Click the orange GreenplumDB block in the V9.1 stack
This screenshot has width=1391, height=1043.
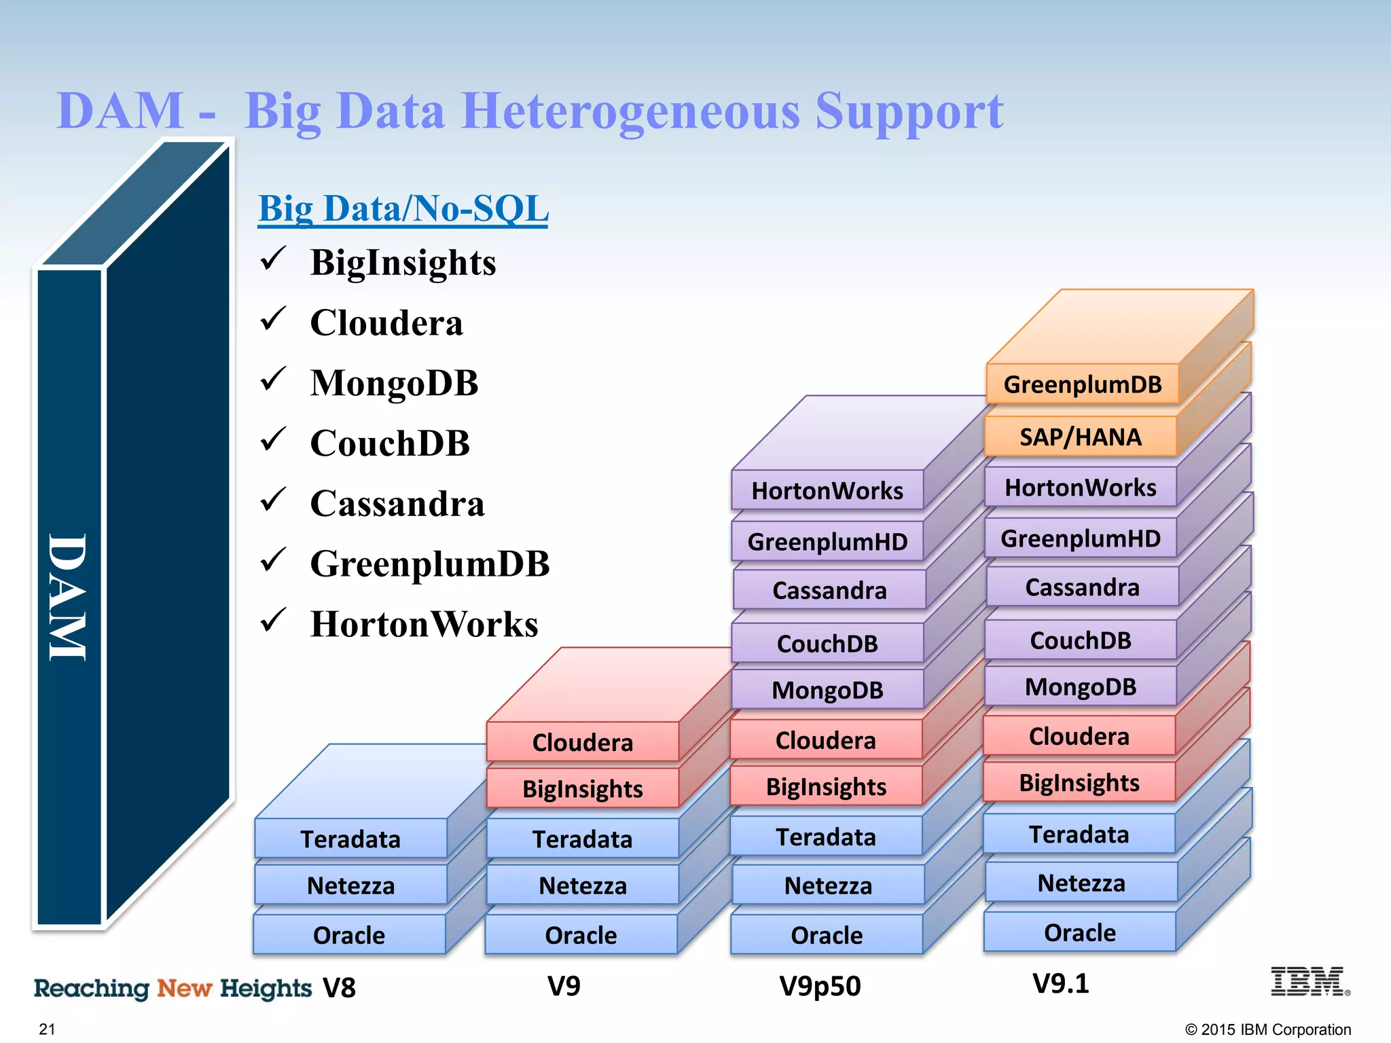(1083, 384)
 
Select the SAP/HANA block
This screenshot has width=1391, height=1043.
(1081, 437)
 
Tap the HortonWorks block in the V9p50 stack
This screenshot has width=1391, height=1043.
(827, 490)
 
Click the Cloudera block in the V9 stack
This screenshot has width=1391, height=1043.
(582, 742)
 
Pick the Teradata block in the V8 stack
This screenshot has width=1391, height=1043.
(350, 839)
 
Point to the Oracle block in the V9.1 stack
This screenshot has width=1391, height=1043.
(1079, 932)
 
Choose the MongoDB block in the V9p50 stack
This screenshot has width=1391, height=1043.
(827, 690)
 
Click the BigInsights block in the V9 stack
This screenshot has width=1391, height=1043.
(582, 788)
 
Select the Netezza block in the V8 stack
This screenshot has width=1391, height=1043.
(350, 885)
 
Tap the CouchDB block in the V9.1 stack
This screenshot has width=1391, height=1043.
(1080, 640)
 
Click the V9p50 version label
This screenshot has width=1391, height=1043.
(820, 985)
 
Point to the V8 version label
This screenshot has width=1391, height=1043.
(339, 987)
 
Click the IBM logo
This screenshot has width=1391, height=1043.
(1309, 982)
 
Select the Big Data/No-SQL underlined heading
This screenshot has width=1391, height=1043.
(403, 208)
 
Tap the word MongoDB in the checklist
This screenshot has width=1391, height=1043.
(394, 383)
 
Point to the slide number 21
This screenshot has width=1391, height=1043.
(47, 1029)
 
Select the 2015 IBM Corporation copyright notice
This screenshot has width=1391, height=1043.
(1267, 1029)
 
